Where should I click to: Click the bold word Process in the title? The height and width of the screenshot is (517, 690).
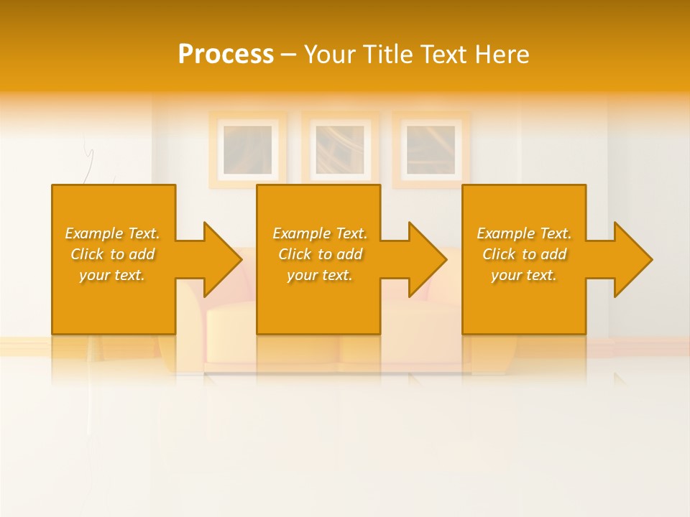click(226, 55)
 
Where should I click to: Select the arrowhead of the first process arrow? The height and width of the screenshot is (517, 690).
click(222, 259)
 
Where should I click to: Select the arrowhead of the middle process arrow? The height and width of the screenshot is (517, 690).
click(427, 259)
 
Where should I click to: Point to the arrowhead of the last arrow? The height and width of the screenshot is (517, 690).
click(632, 259)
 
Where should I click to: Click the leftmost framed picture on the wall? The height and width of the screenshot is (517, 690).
click(248, 149)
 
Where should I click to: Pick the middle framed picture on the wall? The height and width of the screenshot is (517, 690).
click(340, 149)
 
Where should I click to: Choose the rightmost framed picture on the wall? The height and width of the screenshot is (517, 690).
click(431, 149)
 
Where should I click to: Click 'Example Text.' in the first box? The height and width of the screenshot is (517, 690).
click(112, 233)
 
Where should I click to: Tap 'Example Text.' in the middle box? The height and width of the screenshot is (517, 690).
click(320, 233)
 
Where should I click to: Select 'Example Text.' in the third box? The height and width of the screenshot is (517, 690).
click(524, 233)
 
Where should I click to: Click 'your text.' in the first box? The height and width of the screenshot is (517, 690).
click(111, 275)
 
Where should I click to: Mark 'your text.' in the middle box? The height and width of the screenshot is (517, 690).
click(319, 275)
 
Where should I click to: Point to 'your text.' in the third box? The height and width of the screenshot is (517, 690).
click(523, 275)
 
